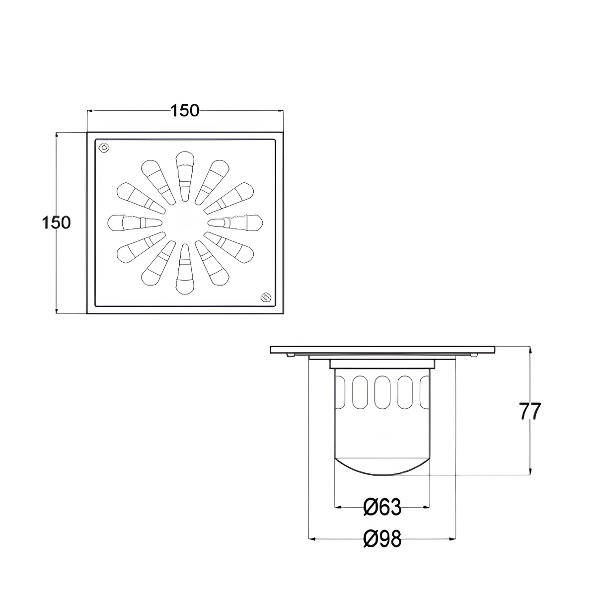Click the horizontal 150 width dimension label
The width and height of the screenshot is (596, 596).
point(185,111)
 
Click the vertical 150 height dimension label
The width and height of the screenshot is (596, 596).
point(56,223)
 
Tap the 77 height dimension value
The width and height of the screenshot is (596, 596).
point(530,411)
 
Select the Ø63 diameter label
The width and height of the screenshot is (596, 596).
point(382,507)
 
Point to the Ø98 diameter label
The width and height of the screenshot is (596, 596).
point(382,538)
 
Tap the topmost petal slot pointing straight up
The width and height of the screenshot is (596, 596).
point(185,176)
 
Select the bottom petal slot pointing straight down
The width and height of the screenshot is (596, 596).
point(185,269)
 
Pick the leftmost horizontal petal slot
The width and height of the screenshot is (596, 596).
point(135,223)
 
